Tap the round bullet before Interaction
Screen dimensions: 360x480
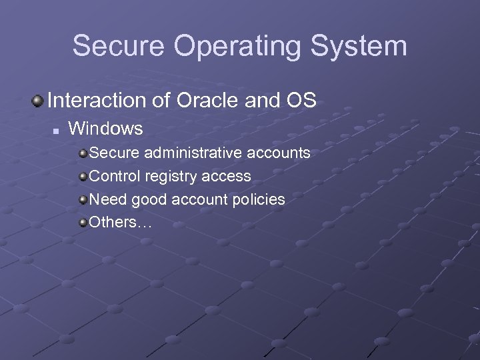(38, 101)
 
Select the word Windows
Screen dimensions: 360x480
(106, 128)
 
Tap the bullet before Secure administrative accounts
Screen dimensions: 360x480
(83, 154)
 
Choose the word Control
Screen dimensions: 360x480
(113, 176)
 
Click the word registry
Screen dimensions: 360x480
(168, 177)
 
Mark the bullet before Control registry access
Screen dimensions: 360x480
(83, 177)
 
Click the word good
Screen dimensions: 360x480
(147, 199)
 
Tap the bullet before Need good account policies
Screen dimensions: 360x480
(83, 199)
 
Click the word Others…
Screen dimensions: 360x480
(121, 221)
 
